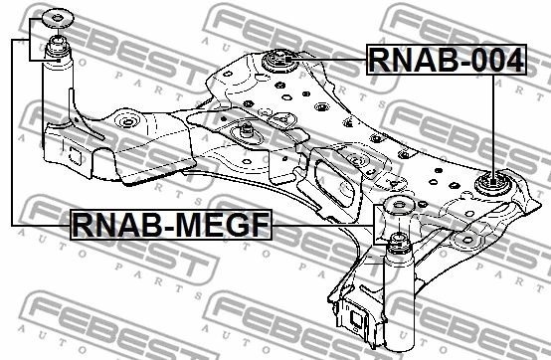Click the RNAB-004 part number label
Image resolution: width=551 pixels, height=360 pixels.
[x=445, y=61]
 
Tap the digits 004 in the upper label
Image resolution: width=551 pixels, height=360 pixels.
[x=492, y=61]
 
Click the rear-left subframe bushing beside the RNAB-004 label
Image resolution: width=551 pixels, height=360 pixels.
[x=281, y=63]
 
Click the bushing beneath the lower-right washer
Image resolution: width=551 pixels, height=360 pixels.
[x=396, y=244]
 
